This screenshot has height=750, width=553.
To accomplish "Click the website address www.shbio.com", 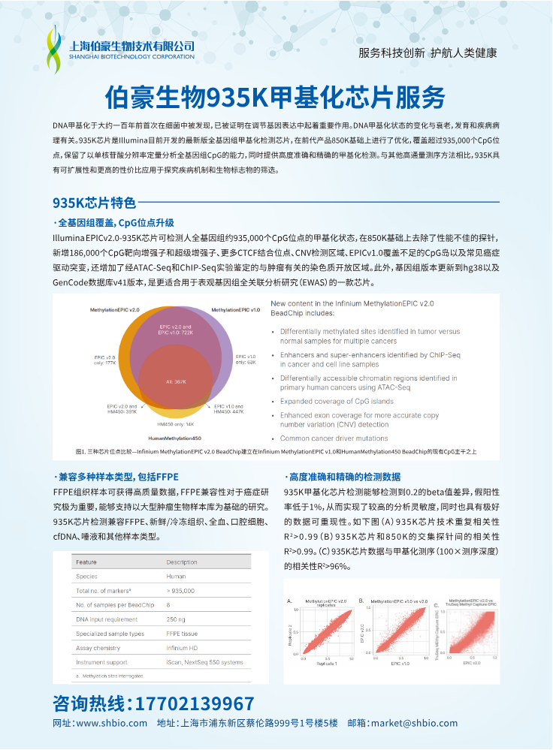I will click(112, 724).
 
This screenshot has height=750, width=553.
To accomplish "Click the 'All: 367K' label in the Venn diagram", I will click(176, 381).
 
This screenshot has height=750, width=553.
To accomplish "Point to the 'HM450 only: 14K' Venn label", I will click(175, 424).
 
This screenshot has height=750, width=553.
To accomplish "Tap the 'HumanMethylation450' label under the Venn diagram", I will click(174, 438).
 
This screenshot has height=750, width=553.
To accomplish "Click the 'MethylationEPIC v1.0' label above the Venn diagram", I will click(235, 309).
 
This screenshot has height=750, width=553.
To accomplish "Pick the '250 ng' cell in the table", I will click(176, 619).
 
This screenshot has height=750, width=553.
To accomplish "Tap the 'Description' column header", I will click(182, 562).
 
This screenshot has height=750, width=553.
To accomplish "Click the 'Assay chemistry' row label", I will click(98, 648).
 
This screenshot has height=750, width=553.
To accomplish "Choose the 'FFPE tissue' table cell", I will click(183, 634).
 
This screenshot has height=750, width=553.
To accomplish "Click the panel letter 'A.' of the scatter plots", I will click(290, 601).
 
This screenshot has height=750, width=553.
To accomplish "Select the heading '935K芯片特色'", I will click(94, 203).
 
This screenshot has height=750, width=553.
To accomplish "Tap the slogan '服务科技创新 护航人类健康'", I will click(428, 53).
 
